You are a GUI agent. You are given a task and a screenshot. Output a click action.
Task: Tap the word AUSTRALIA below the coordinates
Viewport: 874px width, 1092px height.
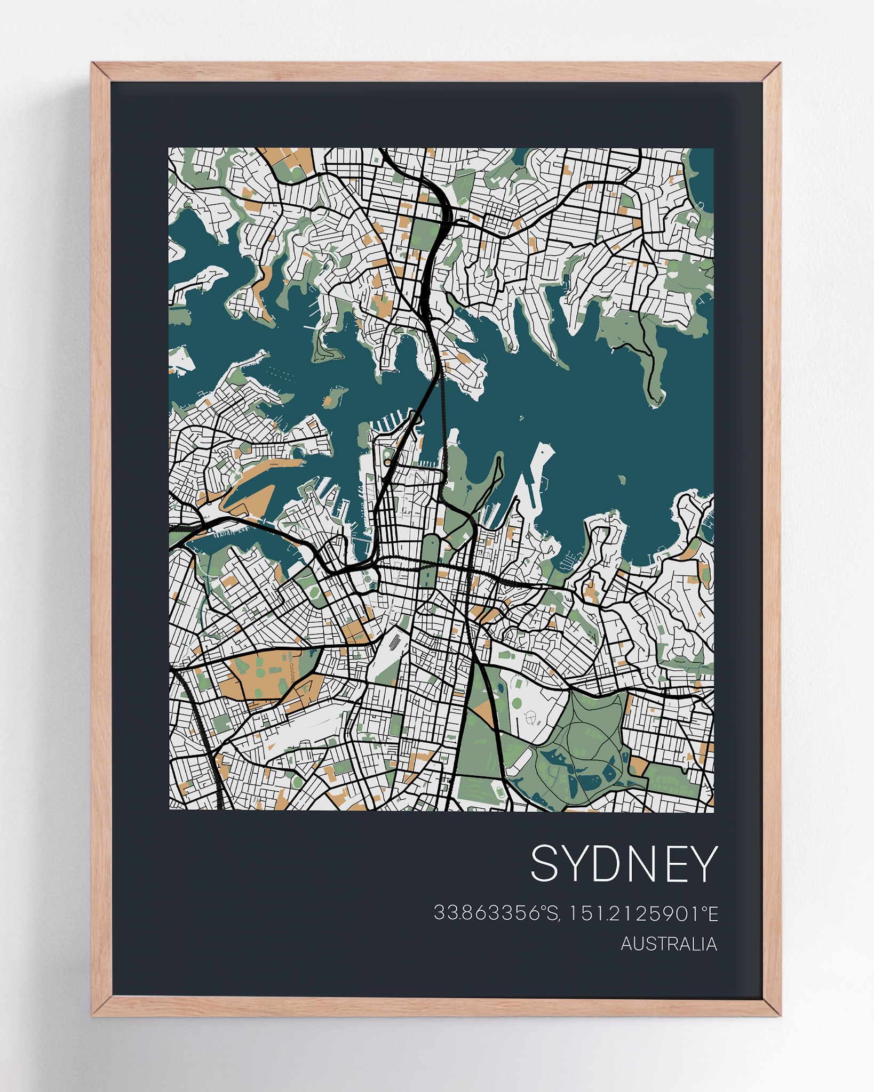[668, 944]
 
